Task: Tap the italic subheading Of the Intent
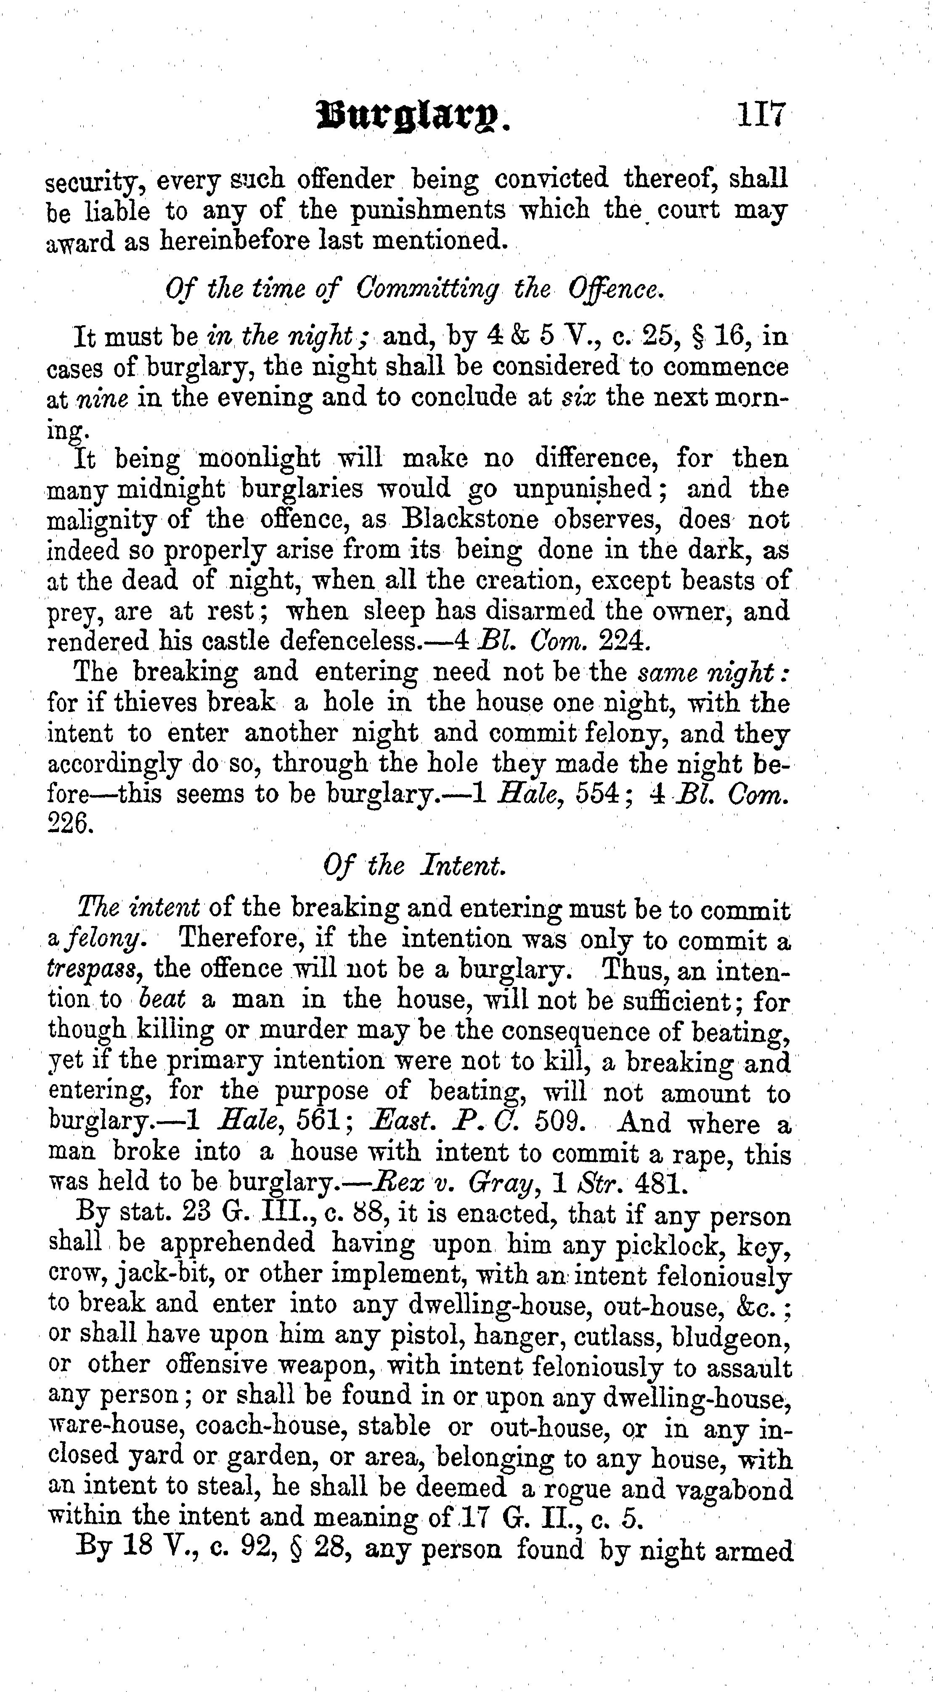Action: (x=415, y=866)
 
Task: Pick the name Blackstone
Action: (x=470, y=519)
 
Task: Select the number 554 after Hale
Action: (x=597, y=795)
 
